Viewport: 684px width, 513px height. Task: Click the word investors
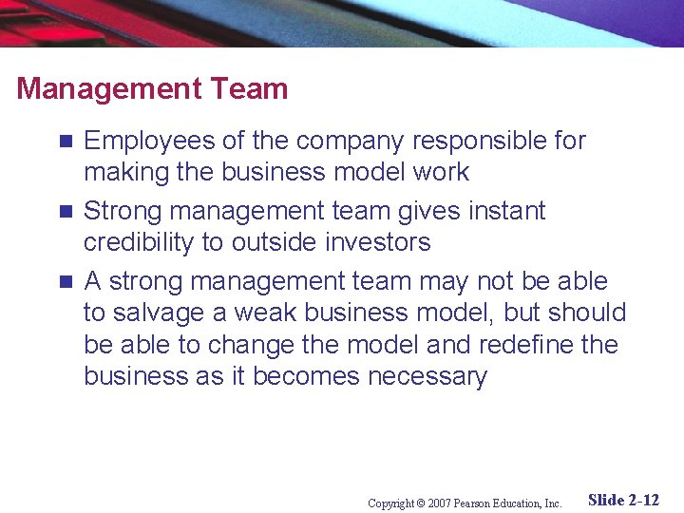click(378, 242)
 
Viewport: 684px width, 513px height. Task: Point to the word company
click(344, 142)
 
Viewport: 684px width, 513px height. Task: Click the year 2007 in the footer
click(438, 503)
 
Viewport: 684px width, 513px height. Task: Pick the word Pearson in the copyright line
click(473, 503)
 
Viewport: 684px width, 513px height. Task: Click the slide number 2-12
click(644, 500)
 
